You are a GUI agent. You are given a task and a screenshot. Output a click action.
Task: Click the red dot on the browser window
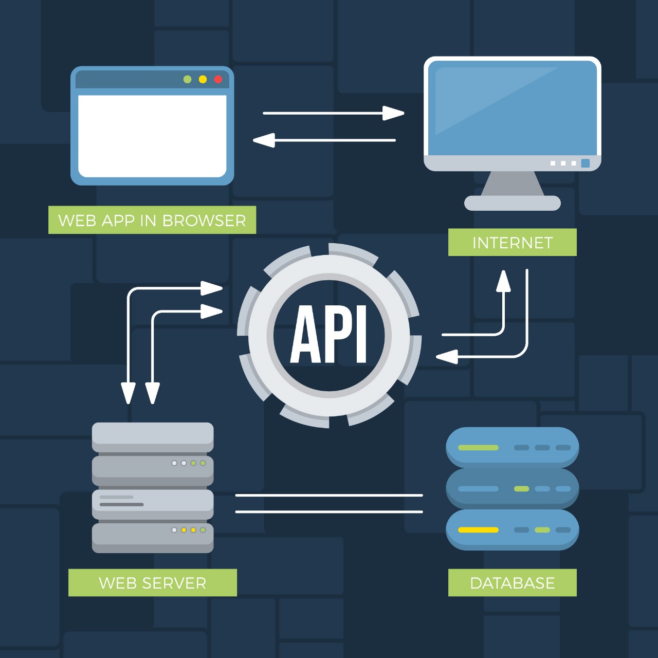click(x=218, y=79)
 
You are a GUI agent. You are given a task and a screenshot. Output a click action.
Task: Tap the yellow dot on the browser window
click(x=203, y=79)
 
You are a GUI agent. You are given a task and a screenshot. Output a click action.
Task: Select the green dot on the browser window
click(x=187, y=79)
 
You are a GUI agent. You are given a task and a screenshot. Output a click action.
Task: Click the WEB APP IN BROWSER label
click(x=152, y=220)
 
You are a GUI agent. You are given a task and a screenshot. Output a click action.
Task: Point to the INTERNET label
click(x=512, y=242)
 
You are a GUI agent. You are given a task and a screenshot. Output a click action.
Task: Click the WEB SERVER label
click(x=152, y=582)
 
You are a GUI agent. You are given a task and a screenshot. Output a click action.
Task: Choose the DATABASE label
click(x=512, y=582)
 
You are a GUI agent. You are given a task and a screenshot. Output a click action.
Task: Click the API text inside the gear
click(x=329, y=335)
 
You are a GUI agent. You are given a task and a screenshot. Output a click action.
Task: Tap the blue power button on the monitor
click(x=585, y=163)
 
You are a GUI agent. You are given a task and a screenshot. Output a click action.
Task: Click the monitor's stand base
click(x=512, y=203)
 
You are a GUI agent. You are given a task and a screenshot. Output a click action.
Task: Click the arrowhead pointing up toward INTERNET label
click(x=503, y=281)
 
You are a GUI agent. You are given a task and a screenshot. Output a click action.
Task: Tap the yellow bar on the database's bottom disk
click(x=478, y=530)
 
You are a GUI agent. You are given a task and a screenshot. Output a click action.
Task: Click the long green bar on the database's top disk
click(x=478, y=448)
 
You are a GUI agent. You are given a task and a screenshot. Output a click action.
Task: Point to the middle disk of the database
click(x=512, y=488)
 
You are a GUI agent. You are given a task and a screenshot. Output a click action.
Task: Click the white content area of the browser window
click(x=152, y=135)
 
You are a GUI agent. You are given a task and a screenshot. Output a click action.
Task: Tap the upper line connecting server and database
click(x=329, y=496)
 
